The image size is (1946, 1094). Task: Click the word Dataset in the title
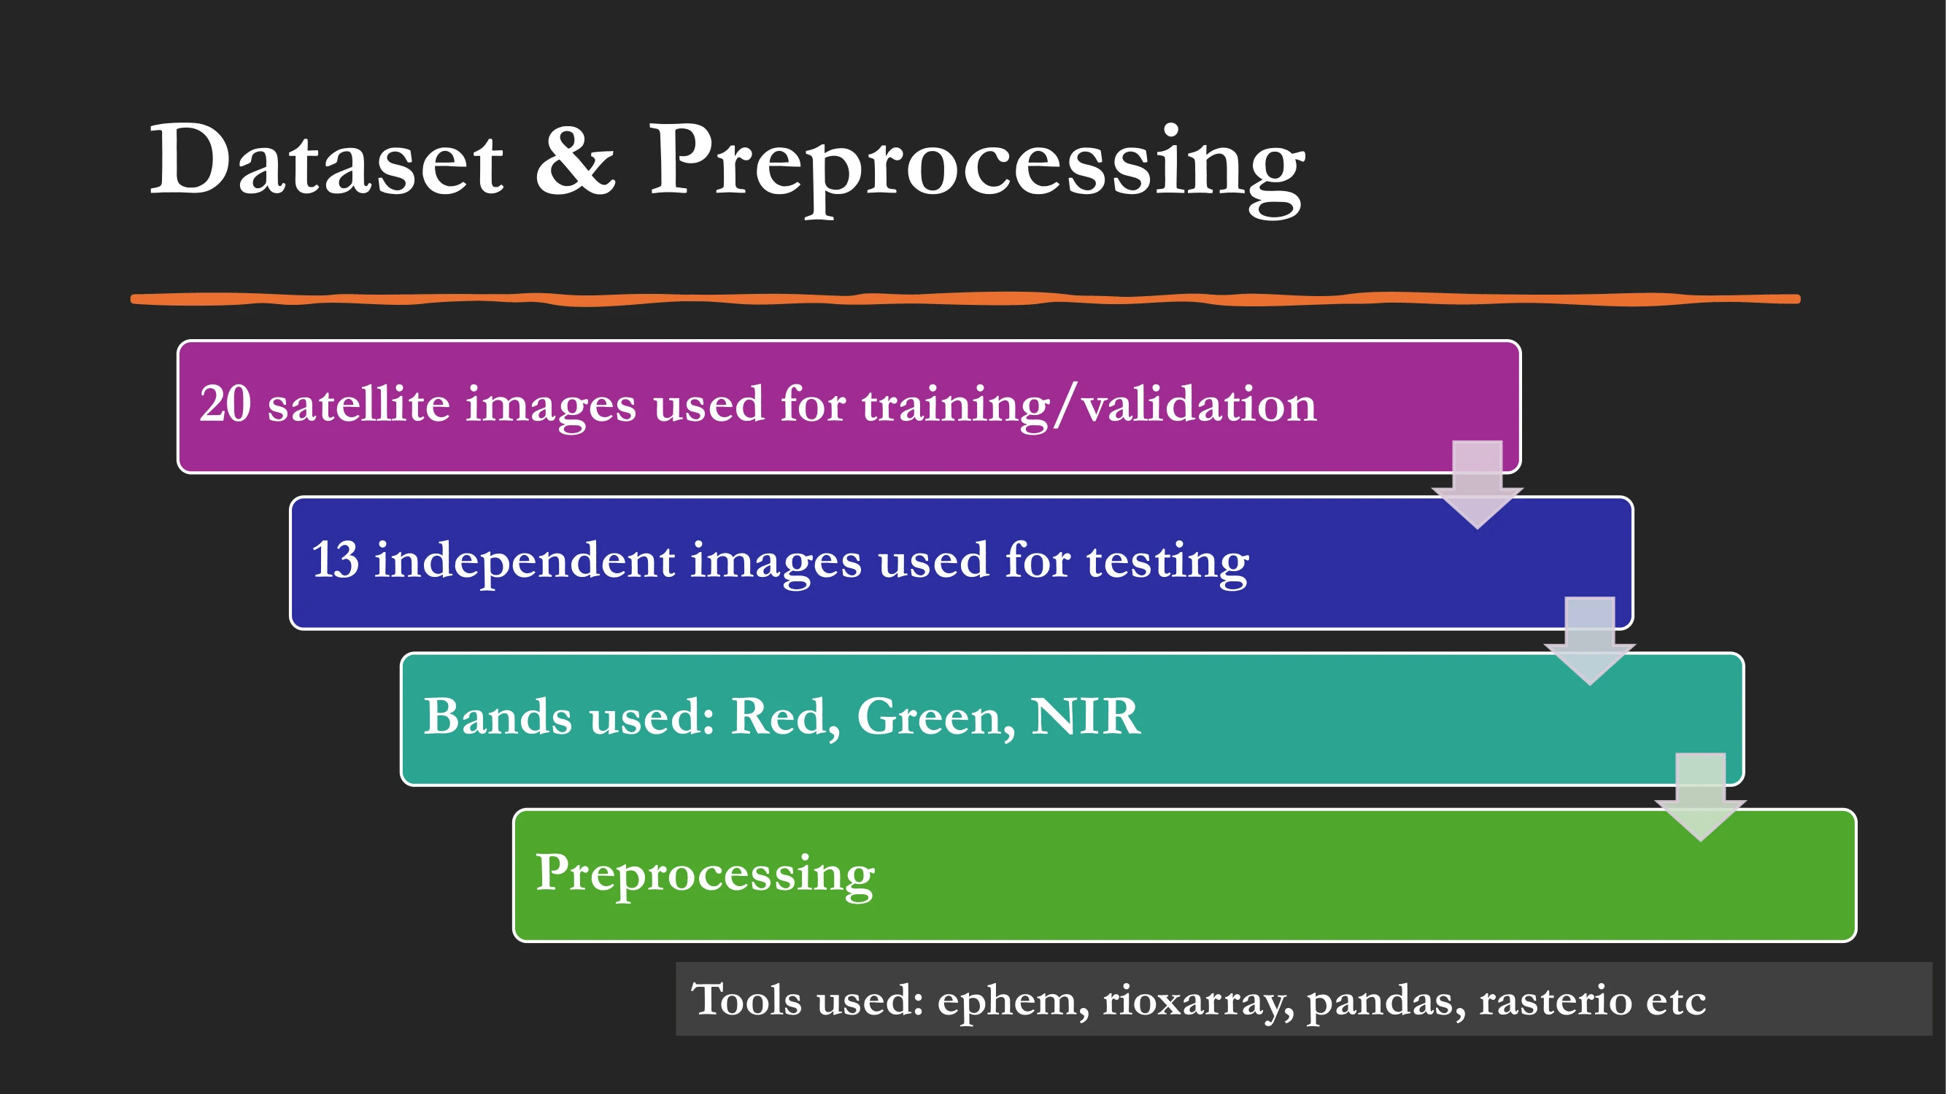(327, 160)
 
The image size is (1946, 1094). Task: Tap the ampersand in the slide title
(576, 160)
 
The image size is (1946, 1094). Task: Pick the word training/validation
(1090, 406)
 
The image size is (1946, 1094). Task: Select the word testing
(1168, 563)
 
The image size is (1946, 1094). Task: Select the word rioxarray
(1198, 1004)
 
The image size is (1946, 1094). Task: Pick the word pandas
(1386, 1002)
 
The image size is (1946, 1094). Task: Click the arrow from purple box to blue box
(1477, 485)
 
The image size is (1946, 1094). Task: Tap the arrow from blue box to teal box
(1589, 641)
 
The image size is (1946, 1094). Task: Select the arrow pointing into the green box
(1701, 797)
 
